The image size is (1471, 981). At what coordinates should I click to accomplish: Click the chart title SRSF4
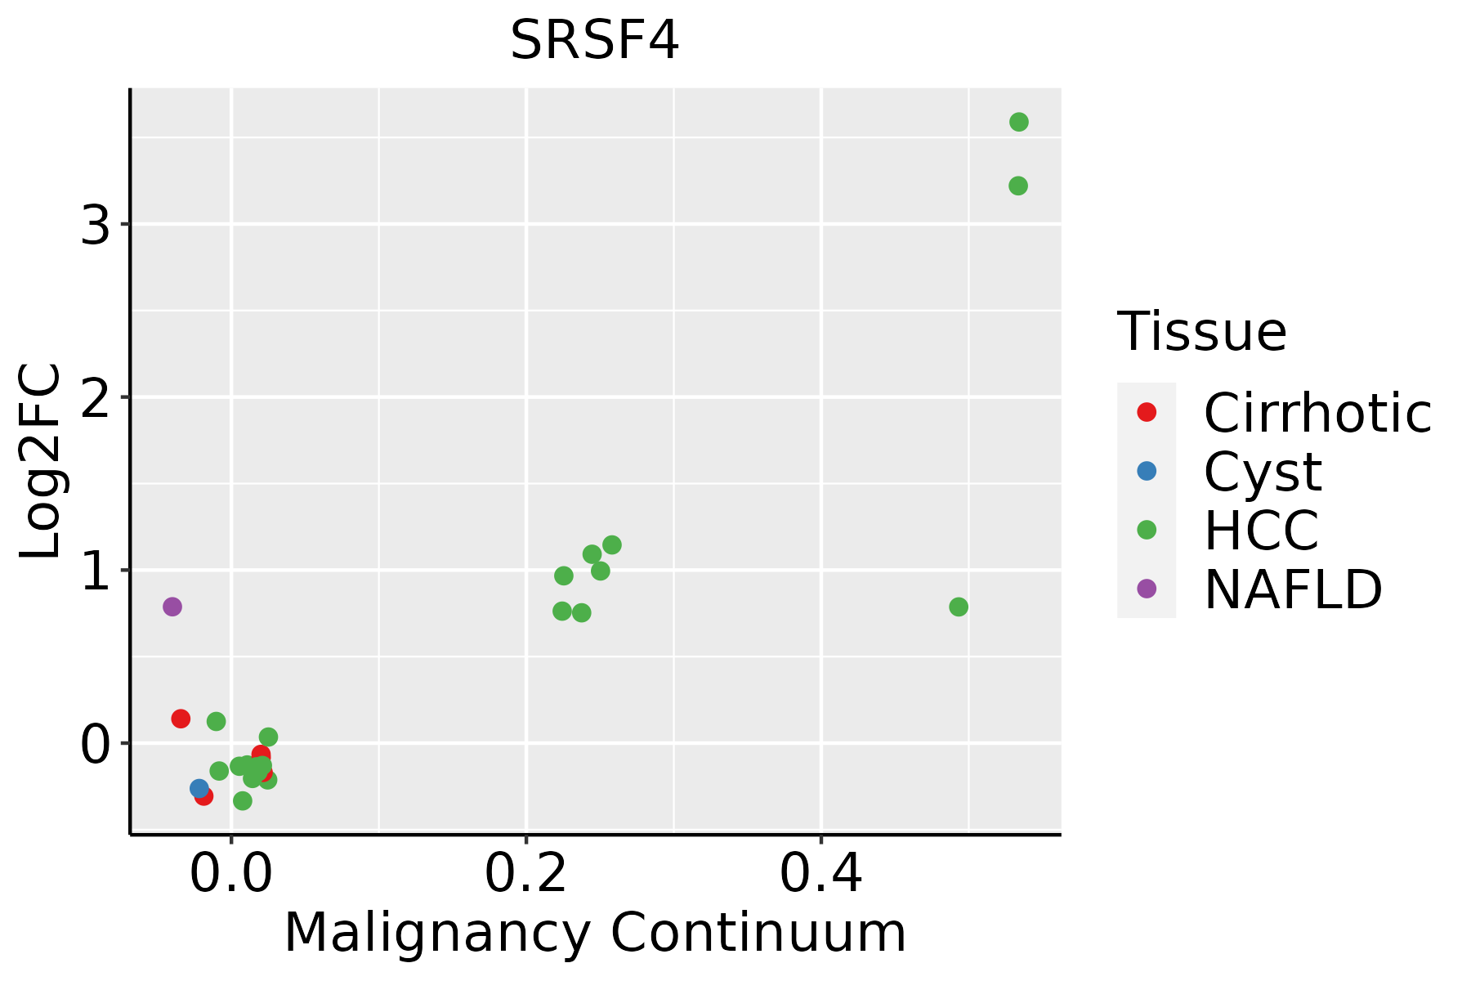coord(594,40)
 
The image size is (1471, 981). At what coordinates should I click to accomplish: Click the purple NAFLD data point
coord(172,607)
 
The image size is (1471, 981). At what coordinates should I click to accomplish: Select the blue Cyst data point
coord(199,788)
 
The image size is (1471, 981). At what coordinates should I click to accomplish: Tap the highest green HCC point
coord(1018,122)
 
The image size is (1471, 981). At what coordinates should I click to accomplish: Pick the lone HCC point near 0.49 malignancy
coord(959,607)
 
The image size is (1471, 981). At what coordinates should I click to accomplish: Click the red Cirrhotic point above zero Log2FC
coord(181,719)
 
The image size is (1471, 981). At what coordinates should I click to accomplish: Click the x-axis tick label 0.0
coord(231,874)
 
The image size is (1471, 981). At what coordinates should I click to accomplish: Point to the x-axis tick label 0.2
coord(525,874)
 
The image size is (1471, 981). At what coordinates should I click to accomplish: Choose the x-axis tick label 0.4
coord(820,874)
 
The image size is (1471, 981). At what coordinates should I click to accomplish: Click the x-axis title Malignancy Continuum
coord(595,933)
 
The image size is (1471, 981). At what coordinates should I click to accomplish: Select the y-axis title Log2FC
coord(41,461)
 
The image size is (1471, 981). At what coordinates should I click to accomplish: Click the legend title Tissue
coord(1201,332)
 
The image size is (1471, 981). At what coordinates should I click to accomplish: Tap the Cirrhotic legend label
coord(1317,413)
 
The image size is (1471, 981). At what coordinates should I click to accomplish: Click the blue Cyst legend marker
coord(1147,471)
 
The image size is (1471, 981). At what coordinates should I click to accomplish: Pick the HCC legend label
coord(1261,530)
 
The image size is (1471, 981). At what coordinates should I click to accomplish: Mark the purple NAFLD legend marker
coord(1147,588)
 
